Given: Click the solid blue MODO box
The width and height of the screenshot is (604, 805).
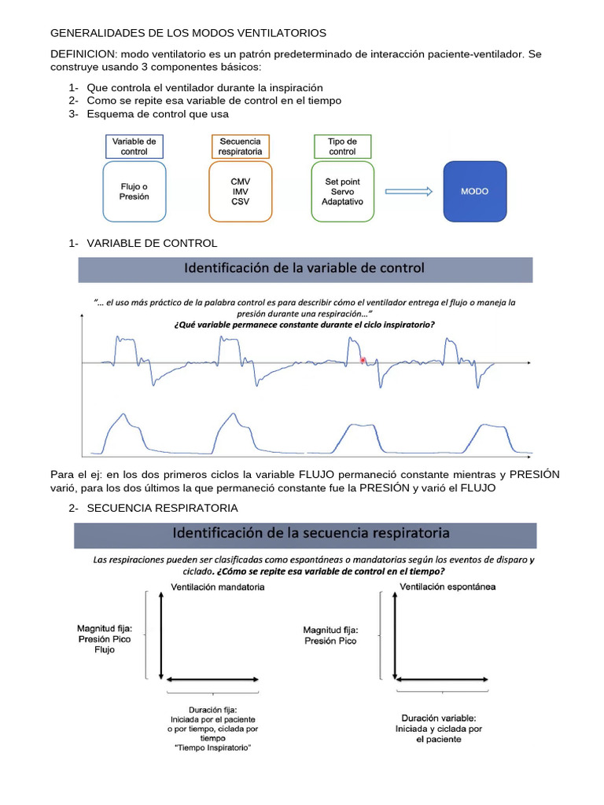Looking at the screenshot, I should (x=475, y=191).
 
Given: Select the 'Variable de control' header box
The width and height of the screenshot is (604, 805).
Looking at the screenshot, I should (x=134, y=146).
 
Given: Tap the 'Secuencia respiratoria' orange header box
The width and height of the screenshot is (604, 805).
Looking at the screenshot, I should (x=240, y=146).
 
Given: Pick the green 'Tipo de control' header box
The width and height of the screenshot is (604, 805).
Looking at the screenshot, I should (x=342, y=146).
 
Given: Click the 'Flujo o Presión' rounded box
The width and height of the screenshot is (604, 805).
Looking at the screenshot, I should (x=134, y=191).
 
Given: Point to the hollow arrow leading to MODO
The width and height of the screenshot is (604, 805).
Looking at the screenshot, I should (x=408, y=191).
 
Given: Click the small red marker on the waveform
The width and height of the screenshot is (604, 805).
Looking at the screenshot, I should (x=363, y=360).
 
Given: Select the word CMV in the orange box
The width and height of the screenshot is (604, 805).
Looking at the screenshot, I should (x=241, y=181).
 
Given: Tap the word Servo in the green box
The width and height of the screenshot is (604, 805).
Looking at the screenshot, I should (x=342, y=192).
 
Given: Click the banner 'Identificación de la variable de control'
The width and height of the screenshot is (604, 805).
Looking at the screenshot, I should (x=304, y=268).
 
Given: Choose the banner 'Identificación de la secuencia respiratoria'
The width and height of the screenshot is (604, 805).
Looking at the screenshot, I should (x=305, y=533).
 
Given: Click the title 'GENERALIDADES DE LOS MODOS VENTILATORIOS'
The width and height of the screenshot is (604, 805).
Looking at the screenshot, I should (x=188, y=33).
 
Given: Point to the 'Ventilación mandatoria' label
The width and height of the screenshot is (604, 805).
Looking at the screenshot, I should (x=217, y=586).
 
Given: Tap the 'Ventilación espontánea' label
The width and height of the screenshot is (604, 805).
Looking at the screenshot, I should (x=448, y=586).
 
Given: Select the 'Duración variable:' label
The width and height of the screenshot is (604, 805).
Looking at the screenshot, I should (x=438, y=719).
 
